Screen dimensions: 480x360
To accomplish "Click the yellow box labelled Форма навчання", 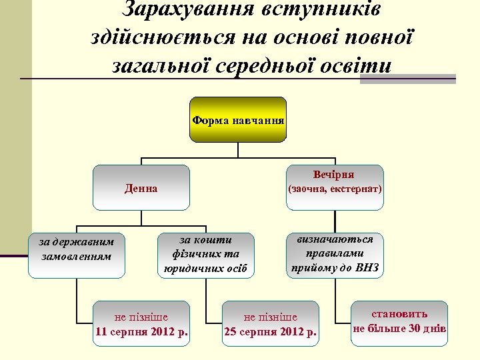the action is [238, 121].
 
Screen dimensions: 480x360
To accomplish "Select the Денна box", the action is [141, 188].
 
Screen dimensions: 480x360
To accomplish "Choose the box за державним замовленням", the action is [77, 248].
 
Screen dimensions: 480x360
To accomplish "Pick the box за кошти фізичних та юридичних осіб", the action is [205, 254].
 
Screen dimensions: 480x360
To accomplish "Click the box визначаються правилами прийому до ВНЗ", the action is [334, 254].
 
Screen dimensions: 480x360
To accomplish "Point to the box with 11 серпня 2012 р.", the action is [141, 324].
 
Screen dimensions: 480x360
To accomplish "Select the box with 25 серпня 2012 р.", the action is [271, 324].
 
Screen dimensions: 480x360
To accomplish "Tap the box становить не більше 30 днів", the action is [399, 323].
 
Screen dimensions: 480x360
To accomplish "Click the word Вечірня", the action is [334, 175].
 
